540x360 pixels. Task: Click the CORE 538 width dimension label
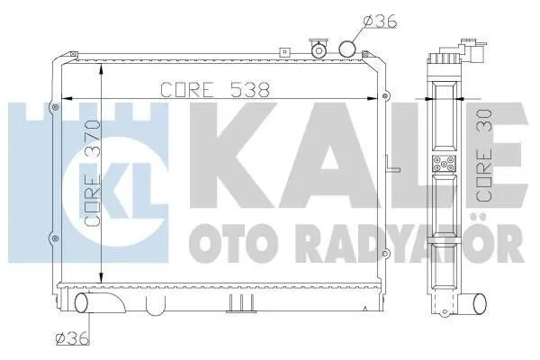(x=214, y=90)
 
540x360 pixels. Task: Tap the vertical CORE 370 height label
(x=92, y=173)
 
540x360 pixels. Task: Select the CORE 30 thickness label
(x=483, y=156)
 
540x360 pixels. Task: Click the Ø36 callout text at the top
(x=380, y=22)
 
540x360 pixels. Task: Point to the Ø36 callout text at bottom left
(x=73, y=339)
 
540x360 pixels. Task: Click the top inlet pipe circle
(x=346, y=49)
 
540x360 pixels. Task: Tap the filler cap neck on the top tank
(x=319, y=49)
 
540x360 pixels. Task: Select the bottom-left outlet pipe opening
(x=82, y=302)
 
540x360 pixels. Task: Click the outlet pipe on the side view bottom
(x=475, y=304)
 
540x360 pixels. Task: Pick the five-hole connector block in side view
(x=445, y=164)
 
